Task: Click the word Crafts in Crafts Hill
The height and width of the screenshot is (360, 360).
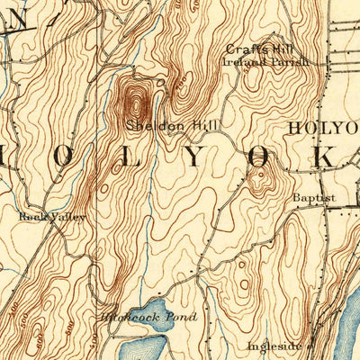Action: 242,49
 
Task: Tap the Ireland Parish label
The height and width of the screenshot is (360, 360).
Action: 265,62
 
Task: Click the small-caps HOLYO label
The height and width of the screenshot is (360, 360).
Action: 322,128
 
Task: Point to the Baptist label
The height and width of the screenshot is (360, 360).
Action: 312,197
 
